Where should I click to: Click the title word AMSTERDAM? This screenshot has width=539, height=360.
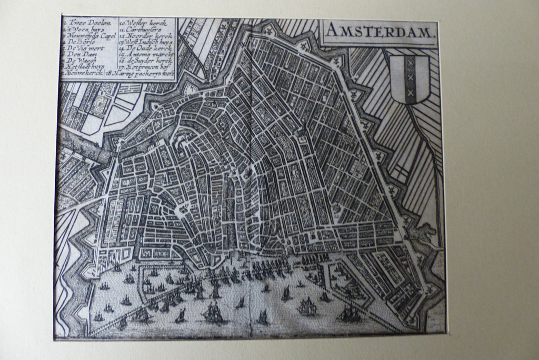380,32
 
